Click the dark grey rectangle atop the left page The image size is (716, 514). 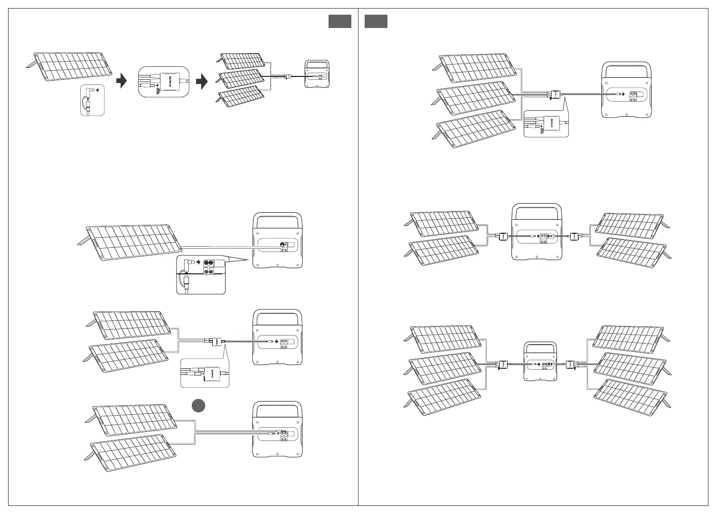339,21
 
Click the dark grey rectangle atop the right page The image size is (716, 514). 376,21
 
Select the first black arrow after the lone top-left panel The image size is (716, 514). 122,81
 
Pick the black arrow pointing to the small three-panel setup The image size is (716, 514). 202,81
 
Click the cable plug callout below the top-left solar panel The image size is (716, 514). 92,100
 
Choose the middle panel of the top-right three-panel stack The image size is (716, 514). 476,99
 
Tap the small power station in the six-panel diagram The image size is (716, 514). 539,361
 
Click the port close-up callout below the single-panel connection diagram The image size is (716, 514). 201,275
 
